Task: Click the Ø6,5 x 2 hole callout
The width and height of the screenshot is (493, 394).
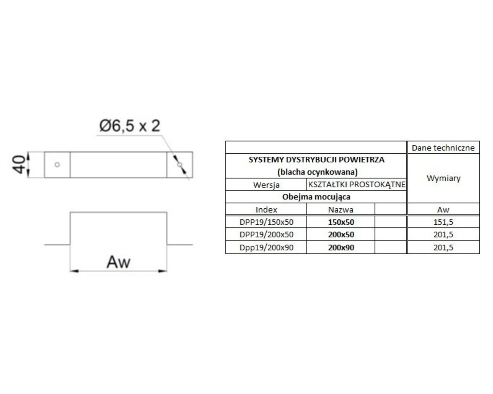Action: (130, 126)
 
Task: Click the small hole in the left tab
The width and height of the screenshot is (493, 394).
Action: (57, 165)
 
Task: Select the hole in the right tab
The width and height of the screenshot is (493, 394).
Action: (180, 165)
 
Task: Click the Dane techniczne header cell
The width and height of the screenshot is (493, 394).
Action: (443, 148)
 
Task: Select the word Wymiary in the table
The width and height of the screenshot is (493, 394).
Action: (443, 178)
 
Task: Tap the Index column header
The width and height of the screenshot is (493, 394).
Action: (266, 210)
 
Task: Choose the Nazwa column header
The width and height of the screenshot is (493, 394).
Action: (341, 210)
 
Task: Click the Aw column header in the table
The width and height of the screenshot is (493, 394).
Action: (443, 210)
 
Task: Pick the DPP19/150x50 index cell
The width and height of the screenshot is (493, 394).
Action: (266, 222)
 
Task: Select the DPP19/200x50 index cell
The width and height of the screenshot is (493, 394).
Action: (266, 235)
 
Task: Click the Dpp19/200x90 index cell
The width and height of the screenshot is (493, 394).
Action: (266, 247)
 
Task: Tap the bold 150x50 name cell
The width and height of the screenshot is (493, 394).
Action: (341, 222)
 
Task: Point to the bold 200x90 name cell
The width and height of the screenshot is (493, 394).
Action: (341, 247)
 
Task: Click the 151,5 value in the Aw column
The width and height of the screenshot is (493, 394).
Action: (443, 222)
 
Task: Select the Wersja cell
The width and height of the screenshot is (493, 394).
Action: (266, 185)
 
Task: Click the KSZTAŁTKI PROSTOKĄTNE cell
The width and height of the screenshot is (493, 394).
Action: (357, 184)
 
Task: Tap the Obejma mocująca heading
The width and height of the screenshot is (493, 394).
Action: (316, 197)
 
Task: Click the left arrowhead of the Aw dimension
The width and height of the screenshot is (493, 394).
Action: (74, 271)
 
